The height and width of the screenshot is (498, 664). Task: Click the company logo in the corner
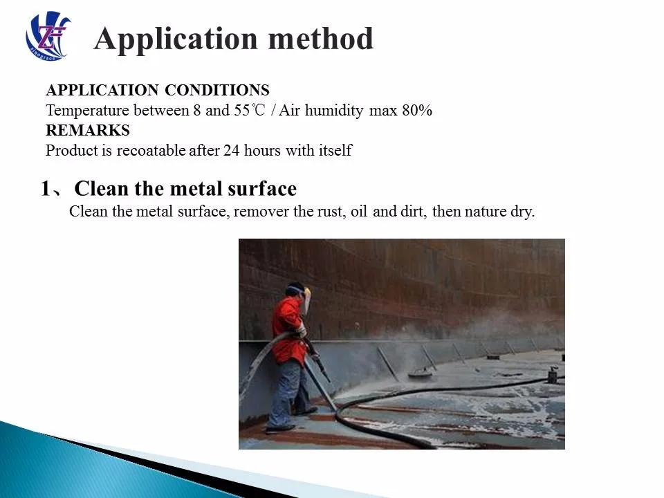pyautogui.click(x=48, y=35)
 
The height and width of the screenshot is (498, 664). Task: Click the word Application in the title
pyautogui.click(x=176, y=39)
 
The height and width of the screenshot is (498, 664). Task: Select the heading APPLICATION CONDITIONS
pyautogui.click(x=157, y=91)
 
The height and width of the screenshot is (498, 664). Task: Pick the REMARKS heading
pyautogui.click(x=87, y=130)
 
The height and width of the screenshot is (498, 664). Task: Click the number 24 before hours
pyautogui.click(x=230, y=150)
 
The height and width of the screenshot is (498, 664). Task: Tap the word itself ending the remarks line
pyautogui.click(x=334, y=150)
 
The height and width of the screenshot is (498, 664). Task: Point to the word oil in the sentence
pyautogui.click(x=358, y=212)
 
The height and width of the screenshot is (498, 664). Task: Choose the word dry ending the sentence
pyautogui.click(x=523, y=212)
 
